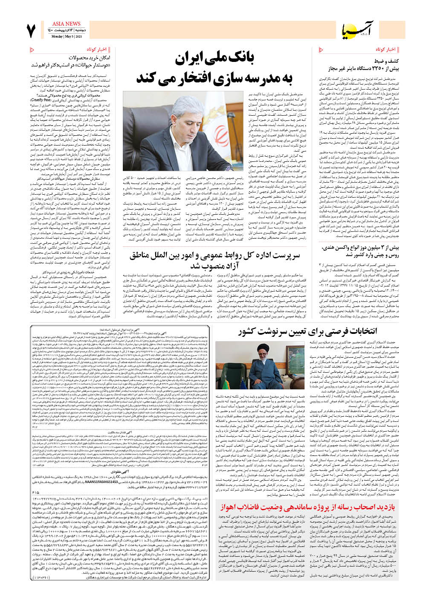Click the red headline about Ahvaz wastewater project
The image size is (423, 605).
coord(308,506)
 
